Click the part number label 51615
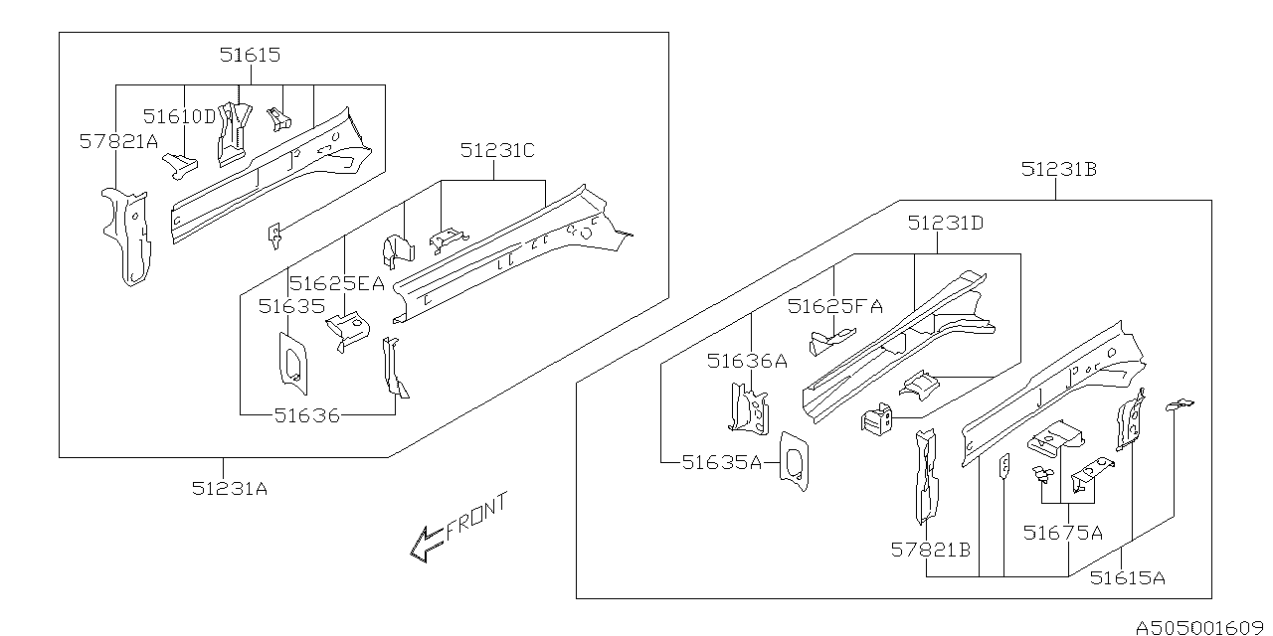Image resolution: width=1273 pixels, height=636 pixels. [x=250, y=56]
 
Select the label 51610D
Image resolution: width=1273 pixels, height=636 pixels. [x=179, y=116]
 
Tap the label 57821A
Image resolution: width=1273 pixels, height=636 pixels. [x=118, y=142]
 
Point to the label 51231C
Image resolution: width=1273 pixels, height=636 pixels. [x=497, y=150]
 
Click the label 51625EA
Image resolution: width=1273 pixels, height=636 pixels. [x=336, y=283]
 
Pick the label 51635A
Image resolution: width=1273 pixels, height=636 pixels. [x=721, y=461]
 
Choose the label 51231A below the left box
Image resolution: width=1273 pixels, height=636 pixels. [x=230, y=487]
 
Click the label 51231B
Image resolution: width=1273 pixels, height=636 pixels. [x=1058, y=170]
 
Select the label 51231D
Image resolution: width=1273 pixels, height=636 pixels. [x=945, y=225]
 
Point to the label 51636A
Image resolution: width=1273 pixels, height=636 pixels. [x=747, y=361]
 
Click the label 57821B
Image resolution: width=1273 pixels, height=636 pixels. [x=931, y=549]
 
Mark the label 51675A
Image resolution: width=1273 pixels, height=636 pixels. [x=1062, y=533]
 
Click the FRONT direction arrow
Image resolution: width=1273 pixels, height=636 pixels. [x=426, y=544]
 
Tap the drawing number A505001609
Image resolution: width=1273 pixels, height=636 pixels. [x=1201, y=627]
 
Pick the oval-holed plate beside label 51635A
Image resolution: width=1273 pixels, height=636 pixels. [x=794, y=461]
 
